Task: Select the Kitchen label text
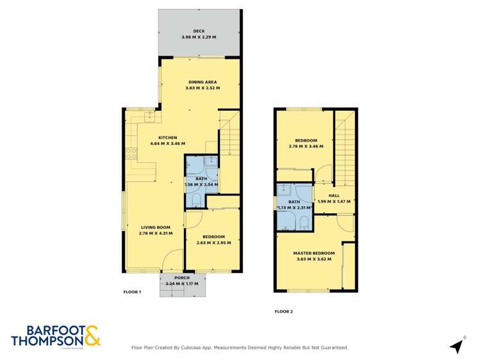[x=167, y=137]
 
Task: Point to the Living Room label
[x=155, y=227]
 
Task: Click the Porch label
[x=182, y=277]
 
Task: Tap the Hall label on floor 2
[x=334, y=195]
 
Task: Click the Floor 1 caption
[x=132, y=292]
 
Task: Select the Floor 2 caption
[x=283, y=312]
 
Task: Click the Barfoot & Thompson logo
[x=56, y=336]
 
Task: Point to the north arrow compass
[x=456, y=346]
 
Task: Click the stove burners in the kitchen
[x=131, y=153]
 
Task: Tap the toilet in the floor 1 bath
[x=197, y=200]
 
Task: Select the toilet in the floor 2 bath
[x=304, y=222]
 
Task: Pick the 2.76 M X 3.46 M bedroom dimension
[x=306, y=147]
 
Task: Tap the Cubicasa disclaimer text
[x=240, y=348]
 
